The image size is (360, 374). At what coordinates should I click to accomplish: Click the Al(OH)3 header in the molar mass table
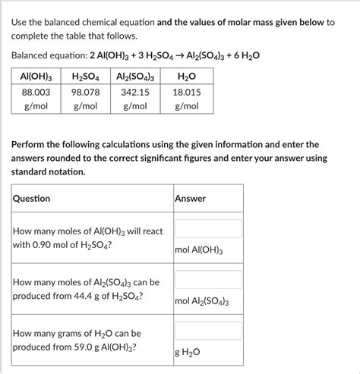pyautogui.click(x=36, y=77)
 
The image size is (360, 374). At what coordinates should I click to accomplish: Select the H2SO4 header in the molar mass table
pyautogui.click(x=86, y=77)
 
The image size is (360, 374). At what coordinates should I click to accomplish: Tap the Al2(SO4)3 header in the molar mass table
pyautogui.click(x=136, y=77)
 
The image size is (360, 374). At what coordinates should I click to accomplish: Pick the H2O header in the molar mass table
pyautogui.click(x=185, y=77)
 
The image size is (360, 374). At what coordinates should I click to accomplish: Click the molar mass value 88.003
pyautogui.click(x=36, y=92)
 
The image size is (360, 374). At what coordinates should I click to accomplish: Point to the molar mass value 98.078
pyautogui.click(x=86, y=92)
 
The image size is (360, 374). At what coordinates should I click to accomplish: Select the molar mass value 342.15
pyautogui.click(x=136, y=92)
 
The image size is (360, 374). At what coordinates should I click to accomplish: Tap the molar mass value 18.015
pyautogui.click(x=186, y=92)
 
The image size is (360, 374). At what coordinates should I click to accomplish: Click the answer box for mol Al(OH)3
pyautogui.click(x=208, y=228)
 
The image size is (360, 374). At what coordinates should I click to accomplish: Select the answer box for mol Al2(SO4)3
pyautogui.click(x=208, y=280)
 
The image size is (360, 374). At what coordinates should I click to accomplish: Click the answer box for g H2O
pyautogui.click(x=208, y=331)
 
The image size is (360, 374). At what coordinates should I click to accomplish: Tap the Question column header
pyautogui.click(x=32, y=199)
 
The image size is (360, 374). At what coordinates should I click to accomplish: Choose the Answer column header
pyautogui.click(x=190, y=199)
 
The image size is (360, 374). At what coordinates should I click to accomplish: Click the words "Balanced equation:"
pyautogui.click(x=54, y=57)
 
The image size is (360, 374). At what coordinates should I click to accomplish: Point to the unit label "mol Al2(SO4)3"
pyautogui.click(x=201, y=302)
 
